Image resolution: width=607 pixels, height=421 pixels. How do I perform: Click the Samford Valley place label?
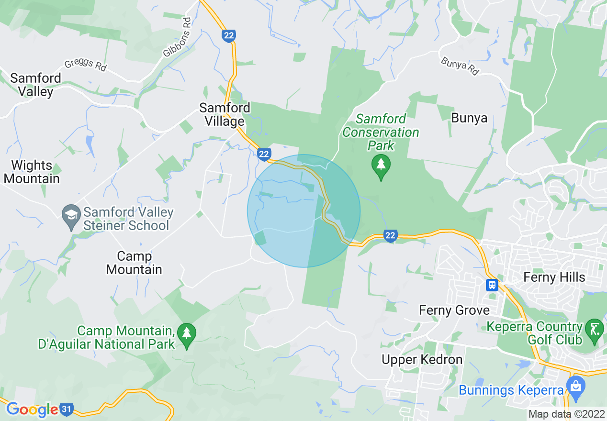pos(35,85)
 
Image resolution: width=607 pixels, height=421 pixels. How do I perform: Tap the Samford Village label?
pos(225,115)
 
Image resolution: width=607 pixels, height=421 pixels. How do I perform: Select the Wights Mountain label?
pos(32,172)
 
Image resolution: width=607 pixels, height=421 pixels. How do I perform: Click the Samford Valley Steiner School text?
pos(128,219)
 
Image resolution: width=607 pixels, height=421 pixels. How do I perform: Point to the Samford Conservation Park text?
pos(381,132)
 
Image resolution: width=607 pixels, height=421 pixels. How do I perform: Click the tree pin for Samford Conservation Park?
pos(381,166)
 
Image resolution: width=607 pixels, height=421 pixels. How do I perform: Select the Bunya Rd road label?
pos(460,66)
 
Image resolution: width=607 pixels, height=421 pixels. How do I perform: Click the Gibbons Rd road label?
pos(177,38)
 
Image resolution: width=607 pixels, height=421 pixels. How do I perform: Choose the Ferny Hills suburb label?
pos(554,277)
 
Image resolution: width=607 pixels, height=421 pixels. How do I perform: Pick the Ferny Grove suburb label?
pos(454,310)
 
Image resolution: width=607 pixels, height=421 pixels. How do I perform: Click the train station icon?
pos(492,285)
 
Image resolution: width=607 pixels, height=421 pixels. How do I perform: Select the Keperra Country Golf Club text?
pos(534,333)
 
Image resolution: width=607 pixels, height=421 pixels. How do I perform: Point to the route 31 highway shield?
pos(67,410)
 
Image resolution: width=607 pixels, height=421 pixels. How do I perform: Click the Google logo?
pos(32,410)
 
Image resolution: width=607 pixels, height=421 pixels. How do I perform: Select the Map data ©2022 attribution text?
pos(566,414)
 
